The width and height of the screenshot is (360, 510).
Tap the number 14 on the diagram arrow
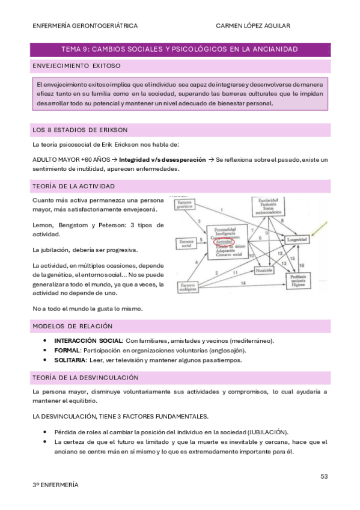click(243, 283)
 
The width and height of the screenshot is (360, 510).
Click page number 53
click(323, 476)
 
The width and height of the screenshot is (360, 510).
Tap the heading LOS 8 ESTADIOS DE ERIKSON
click(79, 130)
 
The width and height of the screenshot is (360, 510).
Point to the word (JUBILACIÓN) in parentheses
click(268, 432)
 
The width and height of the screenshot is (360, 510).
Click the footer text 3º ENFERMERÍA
click(55, 484)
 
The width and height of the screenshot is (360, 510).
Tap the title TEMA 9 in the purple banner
click(76, 49)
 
